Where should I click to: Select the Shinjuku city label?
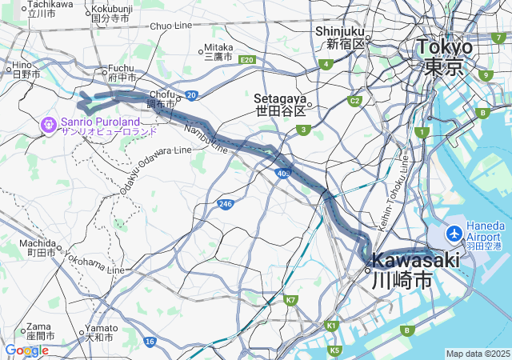tap(340, 31)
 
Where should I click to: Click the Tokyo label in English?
tap(444, 47)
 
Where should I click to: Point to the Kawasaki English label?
tap(416, 260)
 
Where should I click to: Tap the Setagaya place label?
tap(280, 98)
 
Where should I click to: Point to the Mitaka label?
tap(218, 47)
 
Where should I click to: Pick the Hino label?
tap(21, 65)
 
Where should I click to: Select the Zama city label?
tap(38, 326)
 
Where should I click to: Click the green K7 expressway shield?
tap(290, 300)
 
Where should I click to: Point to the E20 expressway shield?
tap(246, 60)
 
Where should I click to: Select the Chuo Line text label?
tap(171, 26)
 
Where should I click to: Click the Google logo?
tap(26, 350)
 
